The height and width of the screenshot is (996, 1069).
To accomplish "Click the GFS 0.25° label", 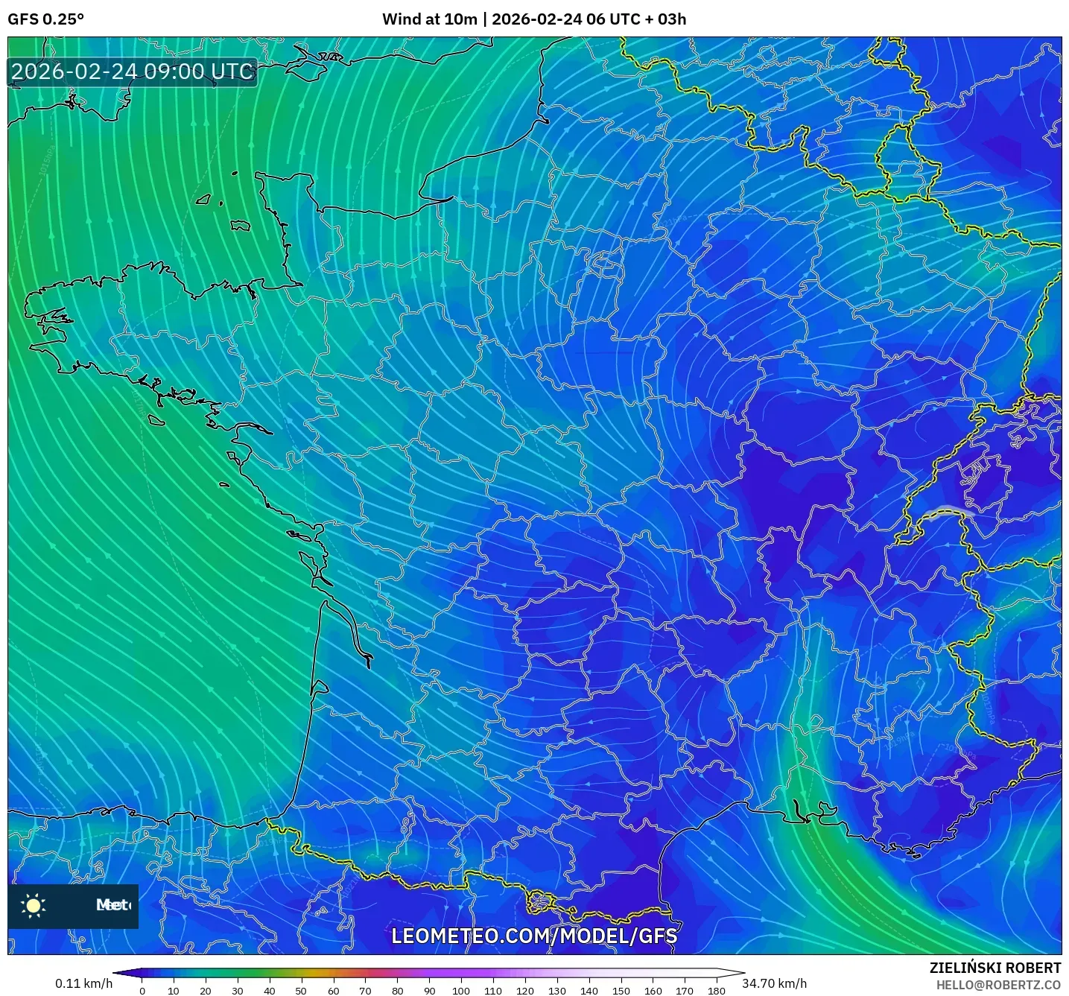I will click(45, 19).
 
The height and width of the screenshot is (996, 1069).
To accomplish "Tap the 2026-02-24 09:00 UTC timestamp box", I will click(133, 72).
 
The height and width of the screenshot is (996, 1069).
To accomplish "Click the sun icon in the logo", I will click(34, 905).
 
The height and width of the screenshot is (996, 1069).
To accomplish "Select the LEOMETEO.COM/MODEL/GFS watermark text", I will click(534, 936).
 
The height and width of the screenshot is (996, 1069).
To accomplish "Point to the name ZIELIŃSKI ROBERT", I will click(995, 968).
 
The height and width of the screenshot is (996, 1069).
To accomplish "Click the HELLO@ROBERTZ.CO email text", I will click(998, 985).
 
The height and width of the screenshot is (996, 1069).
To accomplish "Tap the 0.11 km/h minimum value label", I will click(83, 983).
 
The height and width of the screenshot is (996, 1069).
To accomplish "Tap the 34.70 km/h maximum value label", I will click(775, 983).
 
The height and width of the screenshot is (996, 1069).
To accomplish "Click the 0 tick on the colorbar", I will click(142, 991).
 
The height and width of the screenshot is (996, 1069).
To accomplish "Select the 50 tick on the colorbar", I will click(301, 991).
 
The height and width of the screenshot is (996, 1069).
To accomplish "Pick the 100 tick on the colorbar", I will click(461, 991).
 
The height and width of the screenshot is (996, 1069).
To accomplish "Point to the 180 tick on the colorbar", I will click(716, 991).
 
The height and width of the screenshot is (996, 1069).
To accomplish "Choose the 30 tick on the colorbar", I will click(237, 991).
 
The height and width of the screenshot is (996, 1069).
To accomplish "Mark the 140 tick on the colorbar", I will click(589, 991).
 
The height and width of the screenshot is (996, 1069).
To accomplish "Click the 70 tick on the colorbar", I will click(365, 991).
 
